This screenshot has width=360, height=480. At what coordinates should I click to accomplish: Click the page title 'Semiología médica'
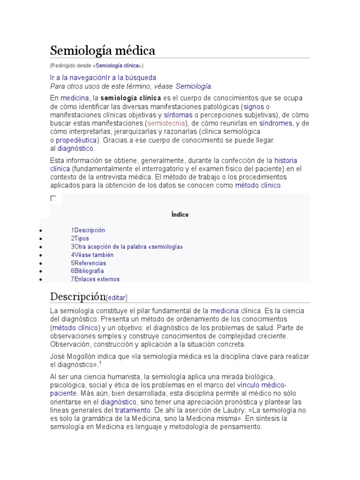click(x=103, y=50)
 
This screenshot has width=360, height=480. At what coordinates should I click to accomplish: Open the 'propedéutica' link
click(x=76, y=140)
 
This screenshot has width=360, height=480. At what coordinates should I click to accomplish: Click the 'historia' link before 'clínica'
click(x=285, y=160)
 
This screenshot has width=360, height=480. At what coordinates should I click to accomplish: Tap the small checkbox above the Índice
click(x=53, y=199)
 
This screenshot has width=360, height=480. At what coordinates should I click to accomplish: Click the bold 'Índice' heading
click(x=180, y=215)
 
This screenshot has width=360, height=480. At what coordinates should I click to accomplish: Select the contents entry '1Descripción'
click(x=88, y=230)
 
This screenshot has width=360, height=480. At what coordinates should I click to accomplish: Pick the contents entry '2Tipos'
click(x=80, y=239)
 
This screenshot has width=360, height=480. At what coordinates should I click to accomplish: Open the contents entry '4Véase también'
click(x=92, y=255)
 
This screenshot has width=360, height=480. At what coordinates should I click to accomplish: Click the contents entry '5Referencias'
click(x=89, y=263)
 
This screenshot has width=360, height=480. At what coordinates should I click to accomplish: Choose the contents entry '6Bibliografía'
click(x=88, y=271)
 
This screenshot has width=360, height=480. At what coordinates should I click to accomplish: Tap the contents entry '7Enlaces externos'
click(x=96, y=279)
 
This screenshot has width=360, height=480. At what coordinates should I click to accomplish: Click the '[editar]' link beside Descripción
click(x=117, y=298)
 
